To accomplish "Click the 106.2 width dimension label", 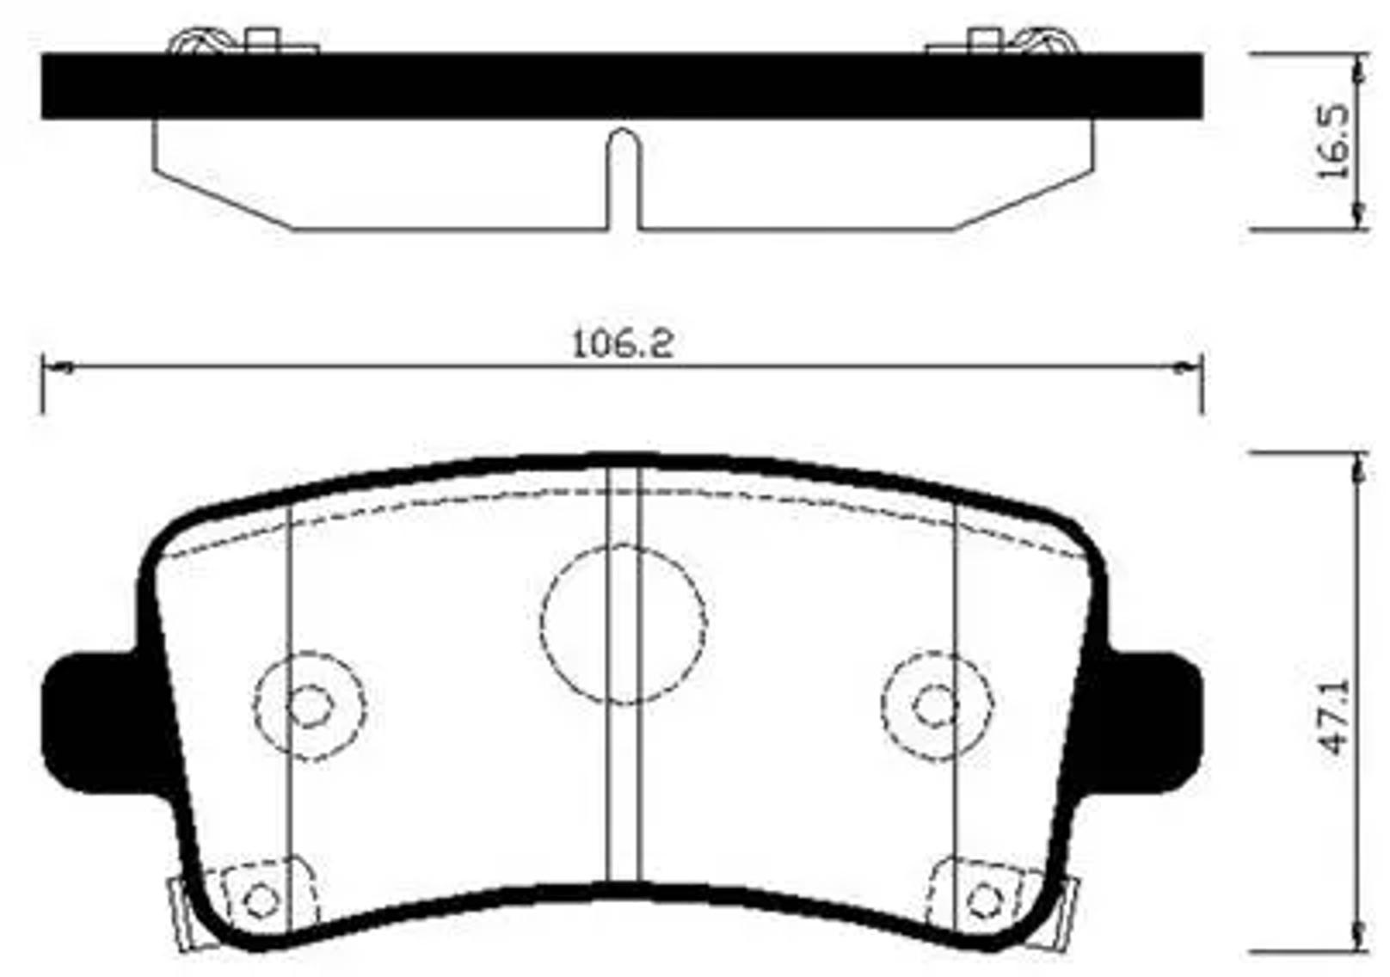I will coord(623,344).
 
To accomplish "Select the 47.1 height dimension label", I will coord(1336,716).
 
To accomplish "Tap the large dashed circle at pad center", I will coord(624,623).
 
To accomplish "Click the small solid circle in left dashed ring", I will coord(310,706).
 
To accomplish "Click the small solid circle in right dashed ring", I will coord(936,706).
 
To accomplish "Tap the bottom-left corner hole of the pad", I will coord(261,900).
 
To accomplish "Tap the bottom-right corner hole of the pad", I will coord(985,900).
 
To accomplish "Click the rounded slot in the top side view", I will coord(624,176).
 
